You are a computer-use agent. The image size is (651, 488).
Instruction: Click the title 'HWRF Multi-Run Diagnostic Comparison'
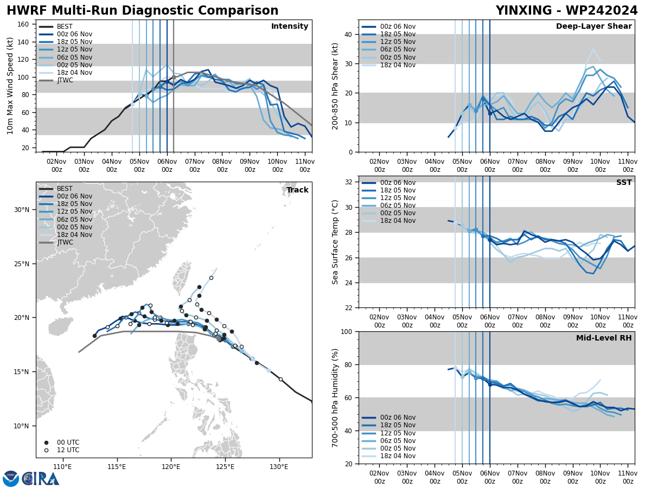point(142,11)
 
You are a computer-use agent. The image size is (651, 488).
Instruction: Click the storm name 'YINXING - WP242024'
point(566,11)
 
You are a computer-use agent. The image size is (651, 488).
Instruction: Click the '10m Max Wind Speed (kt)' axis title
point(10,86)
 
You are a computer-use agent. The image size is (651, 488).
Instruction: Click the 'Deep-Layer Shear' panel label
point(593,27)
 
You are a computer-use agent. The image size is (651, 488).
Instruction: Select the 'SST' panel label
point(624,183)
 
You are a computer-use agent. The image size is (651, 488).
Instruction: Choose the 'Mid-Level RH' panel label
point(604,338)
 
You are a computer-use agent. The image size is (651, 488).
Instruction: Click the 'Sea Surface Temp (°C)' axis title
point(336,242)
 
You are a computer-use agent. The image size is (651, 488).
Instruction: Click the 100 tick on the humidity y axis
point(347,331)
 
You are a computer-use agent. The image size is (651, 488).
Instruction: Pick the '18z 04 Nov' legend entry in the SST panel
point(398,221)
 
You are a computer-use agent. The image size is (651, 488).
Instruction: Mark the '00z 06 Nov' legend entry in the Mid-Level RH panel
point(398,418)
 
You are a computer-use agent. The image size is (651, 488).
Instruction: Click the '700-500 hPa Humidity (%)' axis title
point(336,397)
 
